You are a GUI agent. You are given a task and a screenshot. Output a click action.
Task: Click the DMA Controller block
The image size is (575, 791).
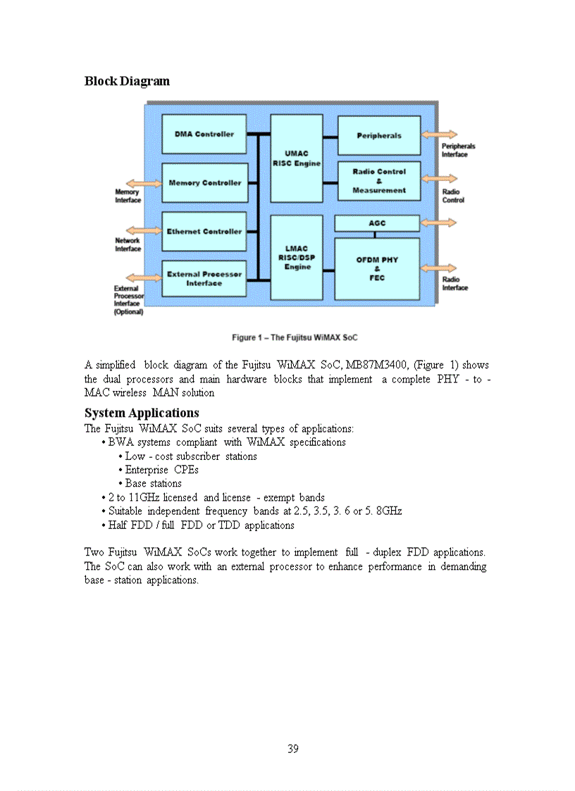[204, 134]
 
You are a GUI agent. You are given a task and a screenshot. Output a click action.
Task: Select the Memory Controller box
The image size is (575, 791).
[204, 182]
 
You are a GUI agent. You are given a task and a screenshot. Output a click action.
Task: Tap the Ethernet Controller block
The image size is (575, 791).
[204, 231]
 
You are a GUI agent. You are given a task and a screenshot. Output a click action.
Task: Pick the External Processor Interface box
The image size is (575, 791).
[204, 278]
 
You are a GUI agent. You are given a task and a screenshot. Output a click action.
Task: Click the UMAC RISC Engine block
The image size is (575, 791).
[297, 158]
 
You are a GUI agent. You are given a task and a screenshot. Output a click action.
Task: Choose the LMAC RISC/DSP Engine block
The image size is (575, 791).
[297, 258]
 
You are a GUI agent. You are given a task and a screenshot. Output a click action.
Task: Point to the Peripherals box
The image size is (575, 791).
[379, 135]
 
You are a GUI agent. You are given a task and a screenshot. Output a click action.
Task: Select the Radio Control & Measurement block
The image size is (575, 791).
[379, 181]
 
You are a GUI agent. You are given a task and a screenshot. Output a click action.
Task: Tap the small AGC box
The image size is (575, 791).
[377, 223]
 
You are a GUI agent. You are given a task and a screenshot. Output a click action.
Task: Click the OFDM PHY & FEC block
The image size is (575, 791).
[377, 268]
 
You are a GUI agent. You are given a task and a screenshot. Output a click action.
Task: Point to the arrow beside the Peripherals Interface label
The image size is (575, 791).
[439, 135]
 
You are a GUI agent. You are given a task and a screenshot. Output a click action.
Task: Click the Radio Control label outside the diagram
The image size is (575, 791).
[453, 195]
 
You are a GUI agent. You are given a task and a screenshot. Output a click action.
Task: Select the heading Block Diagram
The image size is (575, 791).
[127, 81]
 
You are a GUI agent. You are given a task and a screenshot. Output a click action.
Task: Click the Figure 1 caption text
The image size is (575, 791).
[295, 337]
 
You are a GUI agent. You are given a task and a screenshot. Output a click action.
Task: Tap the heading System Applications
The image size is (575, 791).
[142, 413]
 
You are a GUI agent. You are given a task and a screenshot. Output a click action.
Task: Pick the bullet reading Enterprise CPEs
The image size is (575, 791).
[161, 470]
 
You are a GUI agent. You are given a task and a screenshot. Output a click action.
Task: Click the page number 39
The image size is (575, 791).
[293, 749]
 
